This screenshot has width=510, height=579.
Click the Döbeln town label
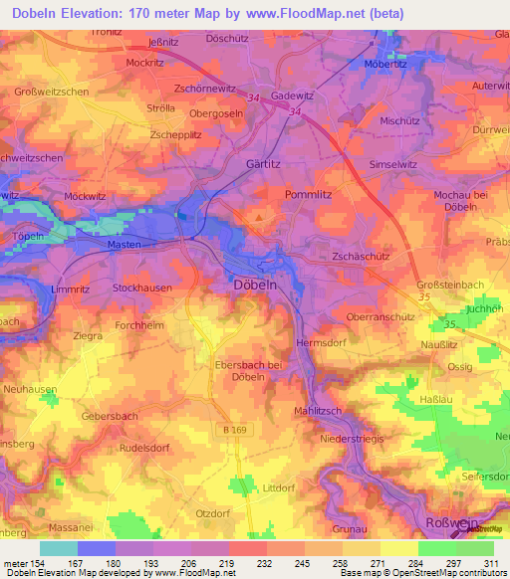pyautogui.click(x=254, y=284)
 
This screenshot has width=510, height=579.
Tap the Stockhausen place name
pyautogui.click(x=142, y=288)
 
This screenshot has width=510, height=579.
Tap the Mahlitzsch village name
pyautogui.click(x=320, y=411)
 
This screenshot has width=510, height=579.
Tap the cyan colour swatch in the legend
pyautogui.click(x=58, y=548)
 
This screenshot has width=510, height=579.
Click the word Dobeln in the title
pyautogui.click(x=43, y=14)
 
